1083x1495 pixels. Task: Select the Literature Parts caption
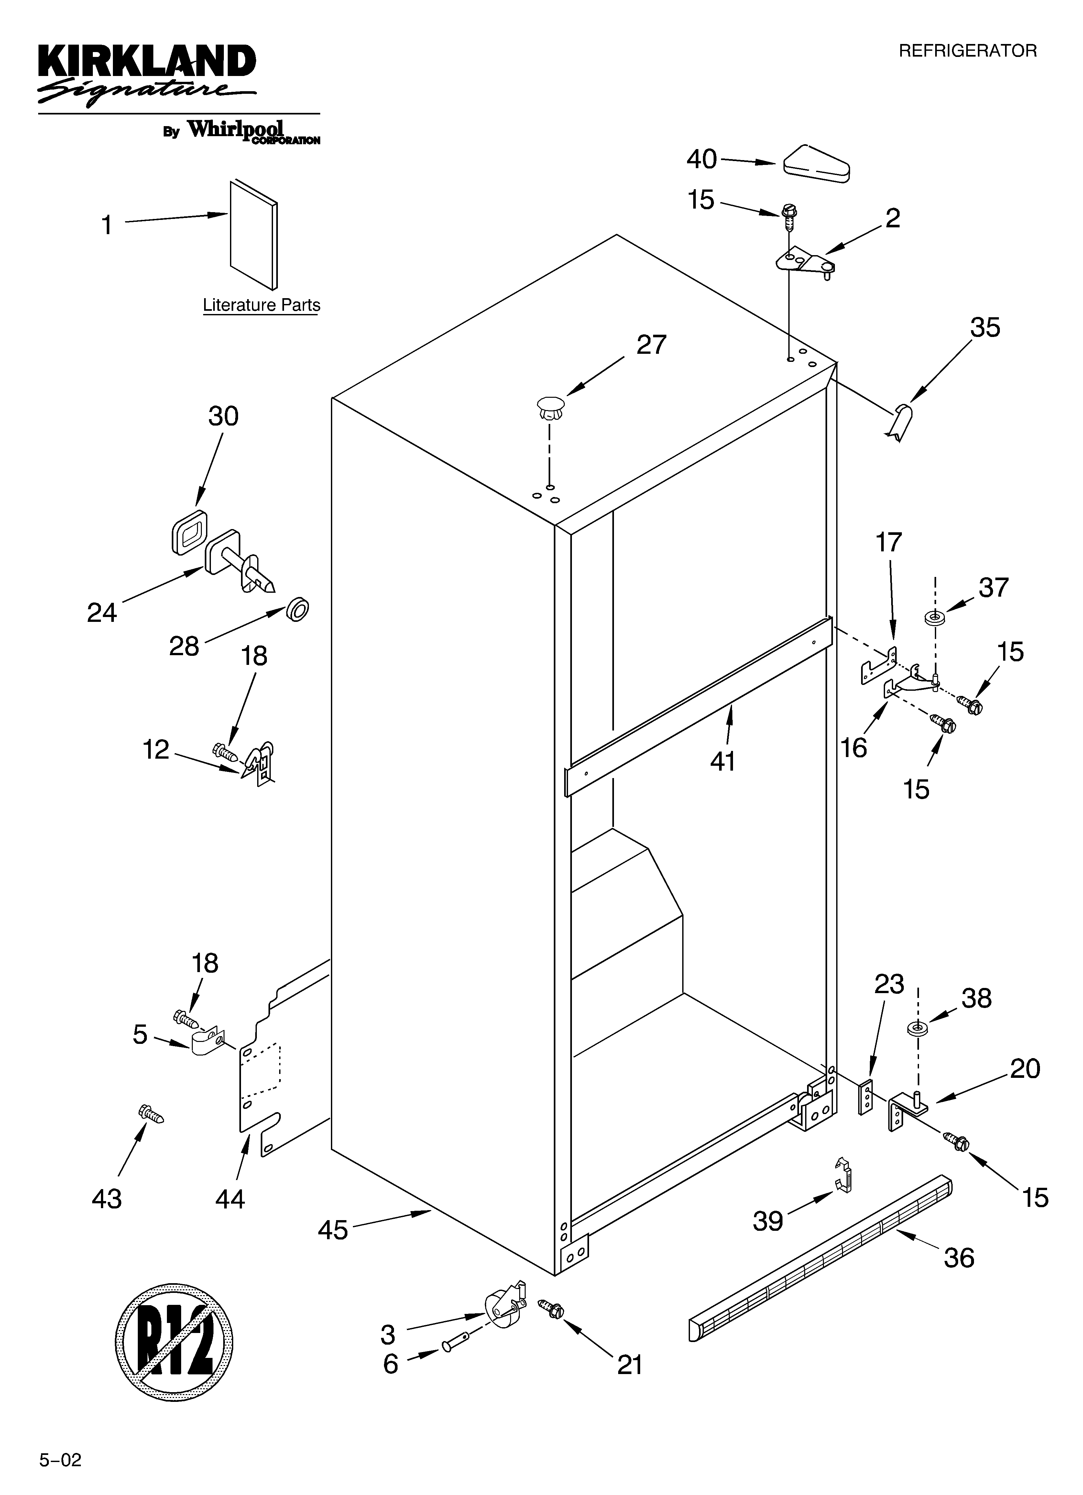(261, 305)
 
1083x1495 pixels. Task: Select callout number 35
(985, 328)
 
